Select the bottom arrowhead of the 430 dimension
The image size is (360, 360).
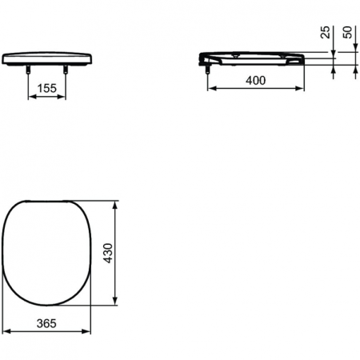(x=118, y=303)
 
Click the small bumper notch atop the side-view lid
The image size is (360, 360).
(x=237, y=53)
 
